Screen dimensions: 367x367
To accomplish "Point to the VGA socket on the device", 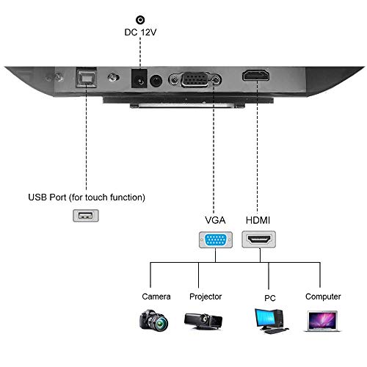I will click(192, 80).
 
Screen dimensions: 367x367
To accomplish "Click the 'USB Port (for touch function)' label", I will click(86, 197).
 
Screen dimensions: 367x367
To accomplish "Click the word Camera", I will click(156, 297).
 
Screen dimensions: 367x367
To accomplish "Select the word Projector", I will click(205, 297).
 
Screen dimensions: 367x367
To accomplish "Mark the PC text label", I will click(270, 298).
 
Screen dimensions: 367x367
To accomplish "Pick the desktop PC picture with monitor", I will click(268, 319).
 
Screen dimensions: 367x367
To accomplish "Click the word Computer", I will click(323, 297).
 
